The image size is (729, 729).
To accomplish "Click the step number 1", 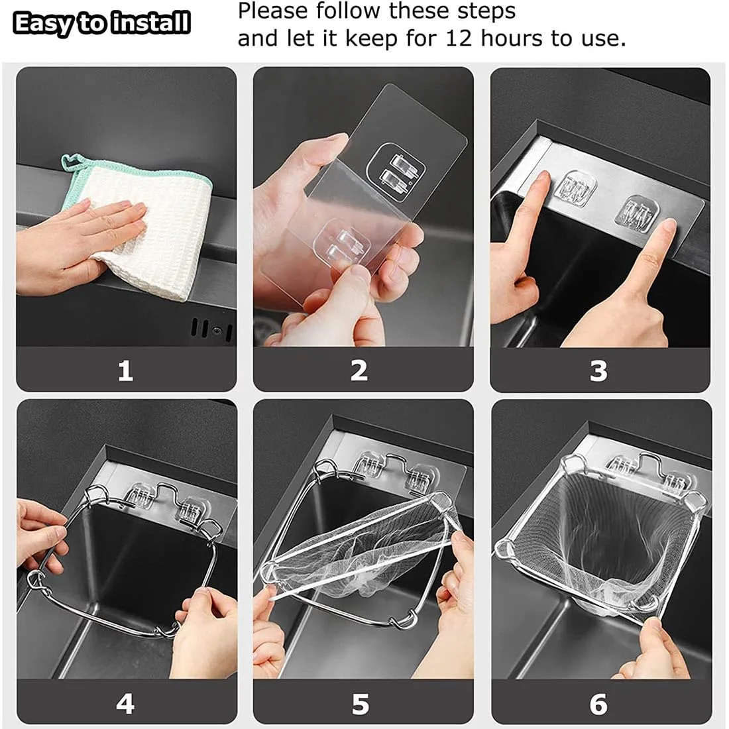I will point(125,370).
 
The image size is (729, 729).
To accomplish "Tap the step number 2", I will point(359,370).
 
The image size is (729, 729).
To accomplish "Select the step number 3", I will point(598,370).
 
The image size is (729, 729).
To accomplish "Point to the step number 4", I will point(125,703).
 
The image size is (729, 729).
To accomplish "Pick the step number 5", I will point(360,703).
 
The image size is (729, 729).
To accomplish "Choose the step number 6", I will point(598,703).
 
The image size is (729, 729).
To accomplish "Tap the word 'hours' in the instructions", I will point(510,38).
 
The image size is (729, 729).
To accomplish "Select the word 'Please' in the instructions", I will point(272,11).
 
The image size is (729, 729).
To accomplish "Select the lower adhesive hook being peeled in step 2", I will point(345,242).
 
